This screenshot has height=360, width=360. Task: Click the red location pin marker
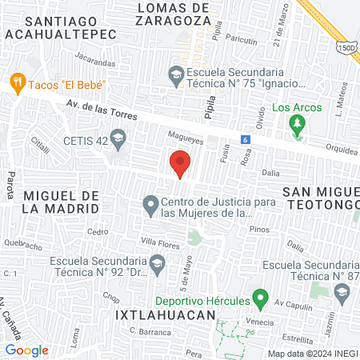tap(180, 164)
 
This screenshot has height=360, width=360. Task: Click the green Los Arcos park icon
tap(297, 123)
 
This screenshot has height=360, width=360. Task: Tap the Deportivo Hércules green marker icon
tap(259, 300)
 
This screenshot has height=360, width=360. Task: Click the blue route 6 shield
tap(246, 140)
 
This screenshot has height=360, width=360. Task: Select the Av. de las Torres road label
tap(98, 110)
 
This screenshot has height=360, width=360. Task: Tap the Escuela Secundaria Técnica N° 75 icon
tap(176, 77)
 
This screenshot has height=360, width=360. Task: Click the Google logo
tap(26, 350)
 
